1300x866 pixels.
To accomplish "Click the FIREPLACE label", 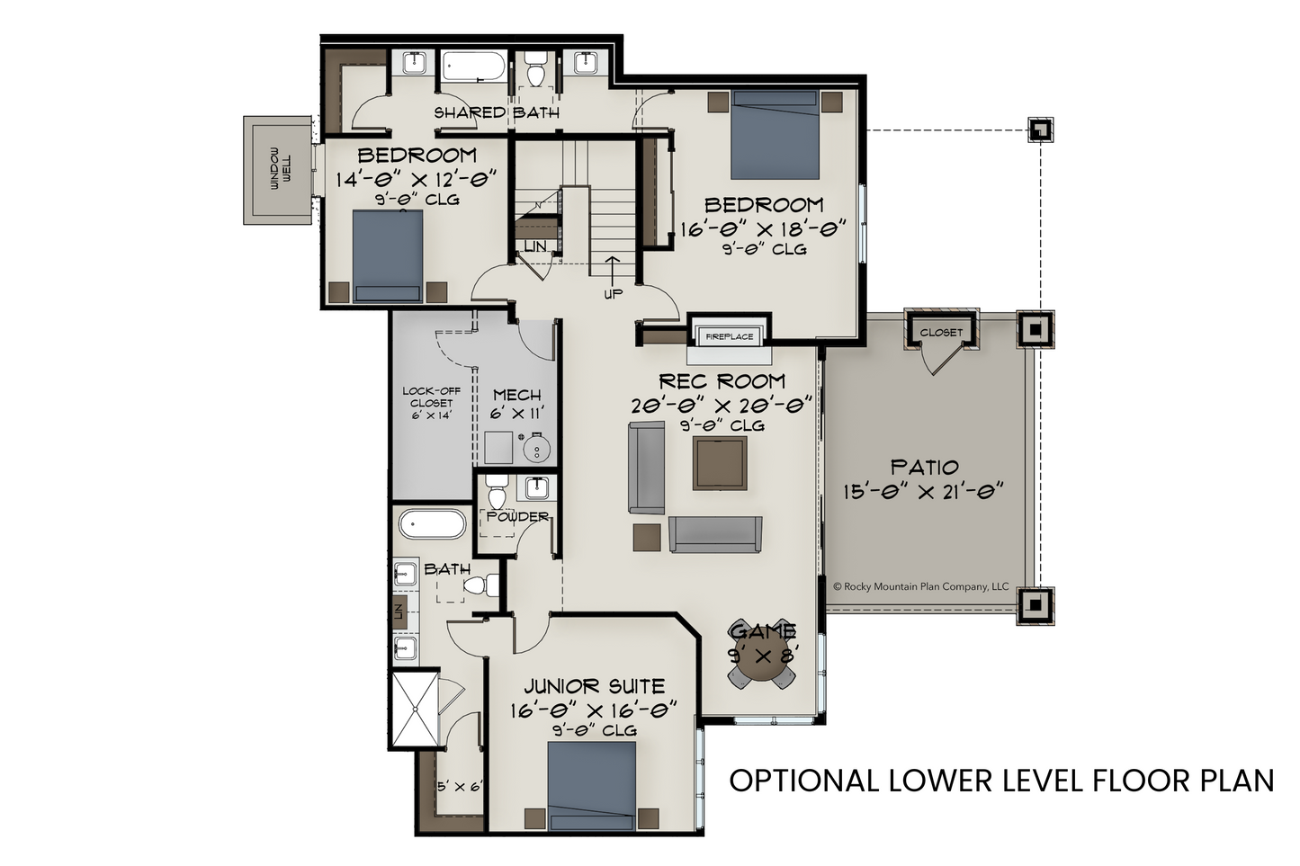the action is [x=730, y=336].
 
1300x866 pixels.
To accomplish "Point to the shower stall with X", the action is [x=416, y=709].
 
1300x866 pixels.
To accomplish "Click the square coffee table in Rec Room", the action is [x=720, y=464].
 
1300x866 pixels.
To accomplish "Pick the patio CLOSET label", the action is [x=941, y=333].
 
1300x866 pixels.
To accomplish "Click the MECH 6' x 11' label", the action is [x=516, y=405].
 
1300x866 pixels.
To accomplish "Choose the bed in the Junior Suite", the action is [x=591, y=785].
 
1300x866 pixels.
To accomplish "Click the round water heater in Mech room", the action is [x=536, y=449].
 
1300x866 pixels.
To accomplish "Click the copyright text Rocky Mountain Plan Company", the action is [x=921, y=586].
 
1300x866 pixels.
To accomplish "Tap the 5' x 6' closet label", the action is [x=460, y=787].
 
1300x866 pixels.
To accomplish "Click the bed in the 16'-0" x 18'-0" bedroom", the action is [x=775, y=135].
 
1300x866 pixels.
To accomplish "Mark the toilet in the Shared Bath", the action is [x=534, y=67].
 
